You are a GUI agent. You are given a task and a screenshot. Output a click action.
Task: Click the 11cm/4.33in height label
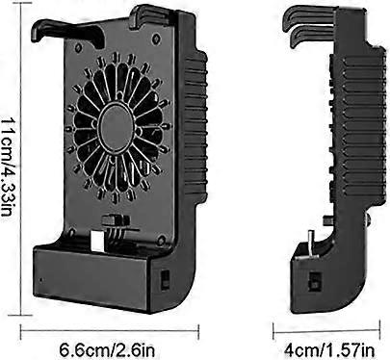6,167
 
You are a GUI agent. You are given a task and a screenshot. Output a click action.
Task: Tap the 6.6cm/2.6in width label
108,349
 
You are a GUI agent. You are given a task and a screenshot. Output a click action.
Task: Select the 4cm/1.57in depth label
329,349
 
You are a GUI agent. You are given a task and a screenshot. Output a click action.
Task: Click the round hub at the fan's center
116,128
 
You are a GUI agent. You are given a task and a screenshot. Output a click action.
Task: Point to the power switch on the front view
165,280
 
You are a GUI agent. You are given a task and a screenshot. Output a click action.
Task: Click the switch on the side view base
314,281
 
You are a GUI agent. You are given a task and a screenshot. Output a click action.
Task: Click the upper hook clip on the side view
309,15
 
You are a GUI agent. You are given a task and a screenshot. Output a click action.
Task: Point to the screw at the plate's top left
78,48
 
